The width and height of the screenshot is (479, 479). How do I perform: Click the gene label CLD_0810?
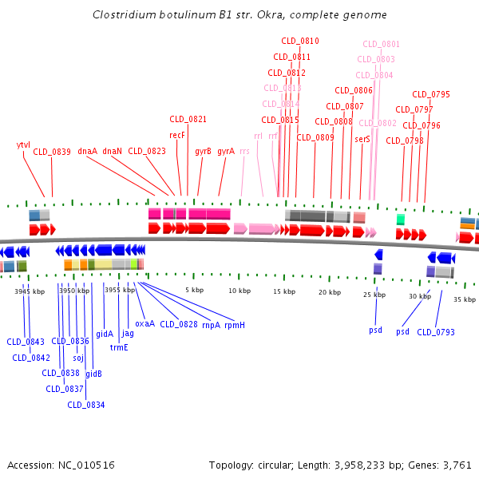tap(299, 41)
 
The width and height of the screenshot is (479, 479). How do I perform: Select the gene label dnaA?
tap(87, 151)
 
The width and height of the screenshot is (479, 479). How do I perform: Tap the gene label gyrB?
tap(203, 151)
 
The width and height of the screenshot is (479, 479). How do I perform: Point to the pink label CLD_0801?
tap(382, 45)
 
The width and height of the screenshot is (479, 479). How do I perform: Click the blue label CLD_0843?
tap(26, 342)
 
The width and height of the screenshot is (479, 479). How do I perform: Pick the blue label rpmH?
tap(235, 325)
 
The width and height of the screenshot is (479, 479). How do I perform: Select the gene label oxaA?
tap(144, 323)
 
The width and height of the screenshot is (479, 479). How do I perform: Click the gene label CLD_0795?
tap(431, 94)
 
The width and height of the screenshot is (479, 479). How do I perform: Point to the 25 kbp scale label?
tap(374, 295)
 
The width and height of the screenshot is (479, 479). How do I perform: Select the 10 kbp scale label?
tap(239, 291)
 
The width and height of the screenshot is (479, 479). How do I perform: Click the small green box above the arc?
tap(400, 219)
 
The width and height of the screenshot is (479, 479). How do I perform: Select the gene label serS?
tap(362, 139)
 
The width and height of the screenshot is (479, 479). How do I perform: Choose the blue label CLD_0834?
tap(86, 405)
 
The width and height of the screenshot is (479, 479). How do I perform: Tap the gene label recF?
tap(177, 135)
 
